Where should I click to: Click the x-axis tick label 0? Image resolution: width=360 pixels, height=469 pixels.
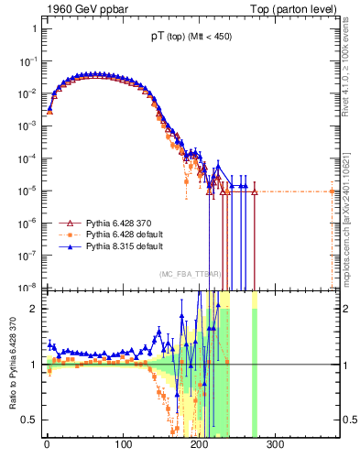coord(47,445)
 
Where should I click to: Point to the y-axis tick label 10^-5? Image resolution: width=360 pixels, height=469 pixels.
coord(28,191)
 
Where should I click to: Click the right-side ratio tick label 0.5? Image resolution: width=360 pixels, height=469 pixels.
coord(348,420)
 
